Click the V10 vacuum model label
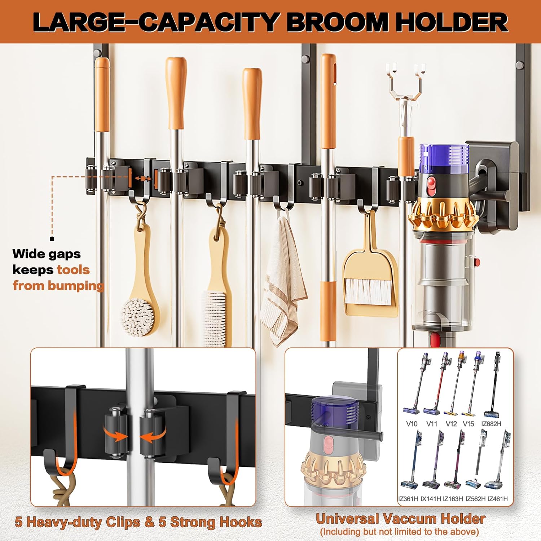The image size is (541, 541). (x=412, y=424)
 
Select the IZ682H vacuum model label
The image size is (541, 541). (x=491, y=424)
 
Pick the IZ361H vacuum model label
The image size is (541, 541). (x=408, y=499)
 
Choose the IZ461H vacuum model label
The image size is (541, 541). (x=498, y=499)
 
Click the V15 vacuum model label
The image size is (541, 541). (x=468, y=424)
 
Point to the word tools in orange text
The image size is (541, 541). (x=73, y=270)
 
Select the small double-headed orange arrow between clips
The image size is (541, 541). (x=143, y=179)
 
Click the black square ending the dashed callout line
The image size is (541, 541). (x=52, y=239)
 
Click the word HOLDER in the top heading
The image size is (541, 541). (x=451, y=22)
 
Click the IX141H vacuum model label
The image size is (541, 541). (x=431, y=499)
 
